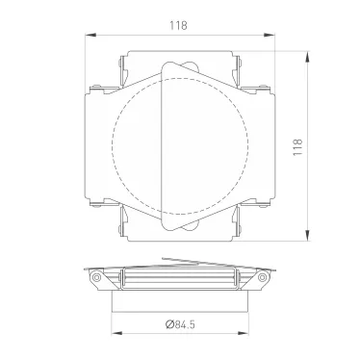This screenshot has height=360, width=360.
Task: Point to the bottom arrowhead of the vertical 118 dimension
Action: point(307,238)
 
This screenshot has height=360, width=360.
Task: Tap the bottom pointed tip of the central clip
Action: point(165,232)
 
